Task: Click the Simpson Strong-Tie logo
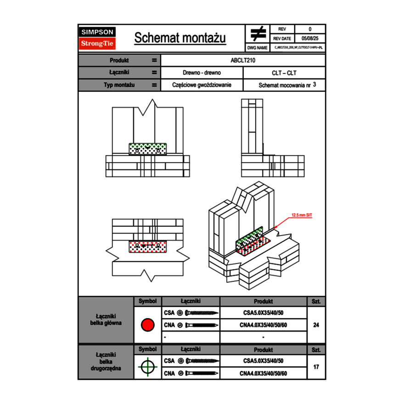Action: point(97,38)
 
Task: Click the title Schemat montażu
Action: point(180,38)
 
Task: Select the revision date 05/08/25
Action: point(310,39)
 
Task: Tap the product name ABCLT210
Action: point(243,60)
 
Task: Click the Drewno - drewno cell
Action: point(202,73)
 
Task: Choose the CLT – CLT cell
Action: point(284,73)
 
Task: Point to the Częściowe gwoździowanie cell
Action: point(202,85)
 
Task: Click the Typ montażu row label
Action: point(119,85)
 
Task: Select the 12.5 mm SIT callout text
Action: point(302,214)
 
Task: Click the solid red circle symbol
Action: point(147,325)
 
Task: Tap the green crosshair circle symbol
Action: point(147,367)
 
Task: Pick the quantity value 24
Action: point(316,325)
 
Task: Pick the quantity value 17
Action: point(316,367)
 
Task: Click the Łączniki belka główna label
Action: point(106,320)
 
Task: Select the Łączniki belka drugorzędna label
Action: point(106,362)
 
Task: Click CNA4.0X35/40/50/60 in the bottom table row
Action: point(263,373)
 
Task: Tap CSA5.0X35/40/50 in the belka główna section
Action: point(263,313)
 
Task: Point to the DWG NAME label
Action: point(257,47)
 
